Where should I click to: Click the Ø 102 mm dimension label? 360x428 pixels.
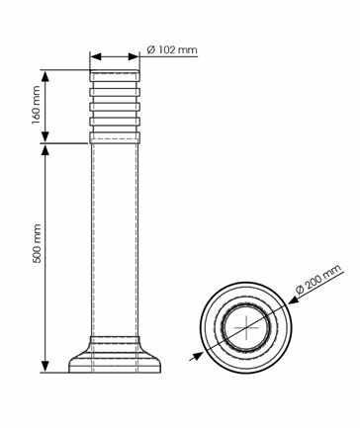coord(172,50)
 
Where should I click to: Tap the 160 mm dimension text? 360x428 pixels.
coord(36,105)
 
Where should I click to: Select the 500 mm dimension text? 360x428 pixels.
coord(36,243)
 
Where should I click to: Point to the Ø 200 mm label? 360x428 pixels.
coord(318,280)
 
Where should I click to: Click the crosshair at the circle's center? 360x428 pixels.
coord(246,328)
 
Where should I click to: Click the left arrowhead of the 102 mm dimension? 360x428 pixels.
coord(95,56)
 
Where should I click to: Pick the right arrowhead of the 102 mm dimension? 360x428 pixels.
coord(134,56)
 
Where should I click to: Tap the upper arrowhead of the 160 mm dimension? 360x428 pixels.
coord(45,76)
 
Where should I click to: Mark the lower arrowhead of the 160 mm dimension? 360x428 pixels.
coord(45,136)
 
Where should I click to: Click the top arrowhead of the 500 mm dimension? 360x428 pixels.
coord(45,150)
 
